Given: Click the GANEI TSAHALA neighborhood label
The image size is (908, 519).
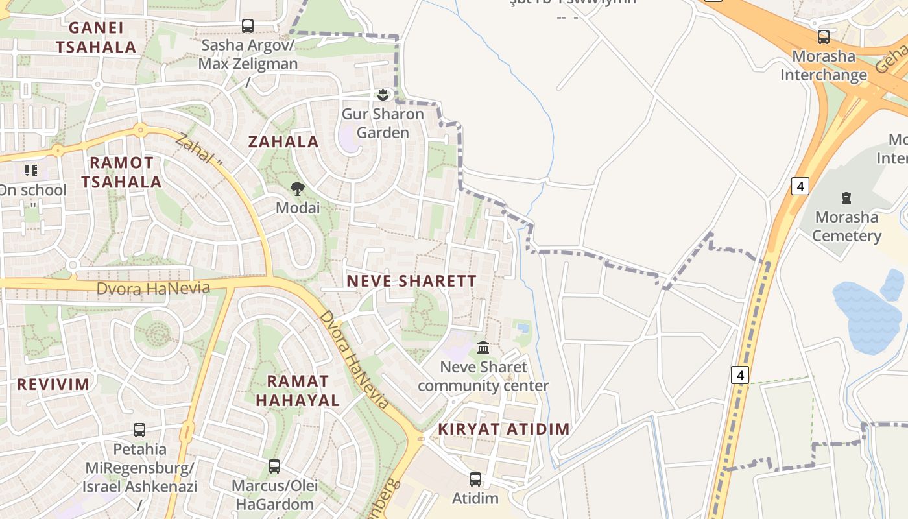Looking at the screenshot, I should point(96,37).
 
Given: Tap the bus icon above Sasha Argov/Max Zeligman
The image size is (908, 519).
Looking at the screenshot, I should point(248,26).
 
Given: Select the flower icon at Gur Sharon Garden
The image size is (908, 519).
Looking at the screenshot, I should point(383,95).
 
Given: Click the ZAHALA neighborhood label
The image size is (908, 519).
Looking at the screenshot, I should point(283,141).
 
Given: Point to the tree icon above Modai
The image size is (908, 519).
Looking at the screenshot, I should point(298,189).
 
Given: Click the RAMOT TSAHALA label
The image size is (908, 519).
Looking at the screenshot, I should point(121,172).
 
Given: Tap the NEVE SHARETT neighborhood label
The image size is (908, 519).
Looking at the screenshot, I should point(411,281).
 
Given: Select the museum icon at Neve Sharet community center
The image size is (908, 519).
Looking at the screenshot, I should point(483,348).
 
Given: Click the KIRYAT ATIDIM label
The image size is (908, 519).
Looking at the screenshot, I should point(503,429).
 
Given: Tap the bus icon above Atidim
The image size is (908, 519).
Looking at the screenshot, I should point(475,479).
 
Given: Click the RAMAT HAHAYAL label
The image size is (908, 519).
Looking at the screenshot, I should point(298,391).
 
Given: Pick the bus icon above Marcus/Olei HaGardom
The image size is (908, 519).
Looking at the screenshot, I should point(274,466).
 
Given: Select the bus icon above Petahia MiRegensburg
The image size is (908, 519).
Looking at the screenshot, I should point(139,429).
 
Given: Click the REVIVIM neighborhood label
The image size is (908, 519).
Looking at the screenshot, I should point(53,383).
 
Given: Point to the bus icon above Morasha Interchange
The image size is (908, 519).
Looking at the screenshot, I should point(823,37).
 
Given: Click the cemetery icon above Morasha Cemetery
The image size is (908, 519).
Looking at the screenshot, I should point(846,197).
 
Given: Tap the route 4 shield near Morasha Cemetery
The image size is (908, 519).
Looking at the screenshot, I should point(800,186).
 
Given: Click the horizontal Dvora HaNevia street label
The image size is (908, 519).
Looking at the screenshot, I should point(153,288).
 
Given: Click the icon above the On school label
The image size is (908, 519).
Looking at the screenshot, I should point(31,171).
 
